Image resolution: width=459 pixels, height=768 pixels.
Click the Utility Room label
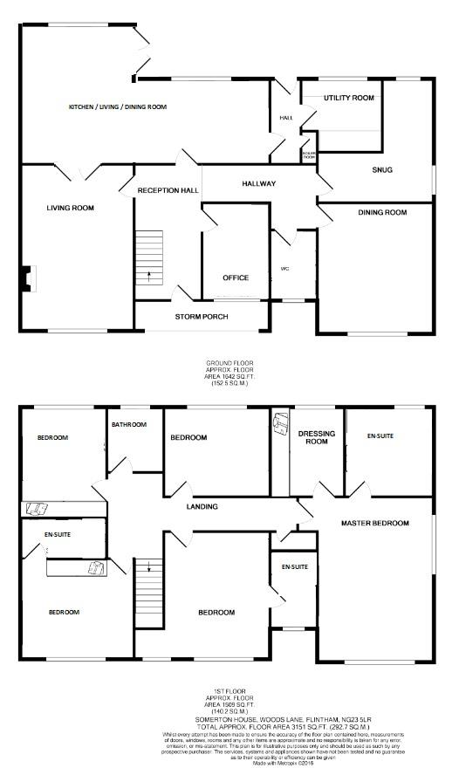(349, 98)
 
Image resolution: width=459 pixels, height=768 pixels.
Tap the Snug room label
(382, 169)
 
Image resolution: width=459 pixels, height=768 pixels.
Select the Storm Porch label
(201, 315)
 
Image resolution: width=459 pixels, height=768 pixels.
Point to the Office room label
(236, 278)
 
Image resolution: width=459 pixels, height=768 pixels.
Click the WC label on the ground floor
(284, 268)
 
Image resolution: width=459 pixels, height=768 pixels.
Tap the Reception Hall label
(168, 189)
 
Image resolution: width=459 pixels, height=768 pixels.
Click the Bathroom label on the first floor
(128, 424)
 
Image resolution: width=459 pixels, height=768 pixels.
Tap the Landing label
(202, 506)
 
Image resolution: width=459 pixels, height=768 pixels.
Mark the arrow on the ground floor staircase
(149, 278)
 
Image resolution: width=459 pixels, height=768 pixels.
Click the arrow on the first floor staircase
(149, 568)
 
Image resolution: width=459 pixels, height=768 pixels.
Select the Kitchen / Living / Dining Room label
(118, 106)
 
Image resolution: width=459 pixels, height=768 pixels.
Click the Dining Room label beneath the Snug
(382, 212)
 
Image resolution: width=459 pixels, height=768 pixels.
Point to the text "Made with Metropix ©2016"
(229, 763)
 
